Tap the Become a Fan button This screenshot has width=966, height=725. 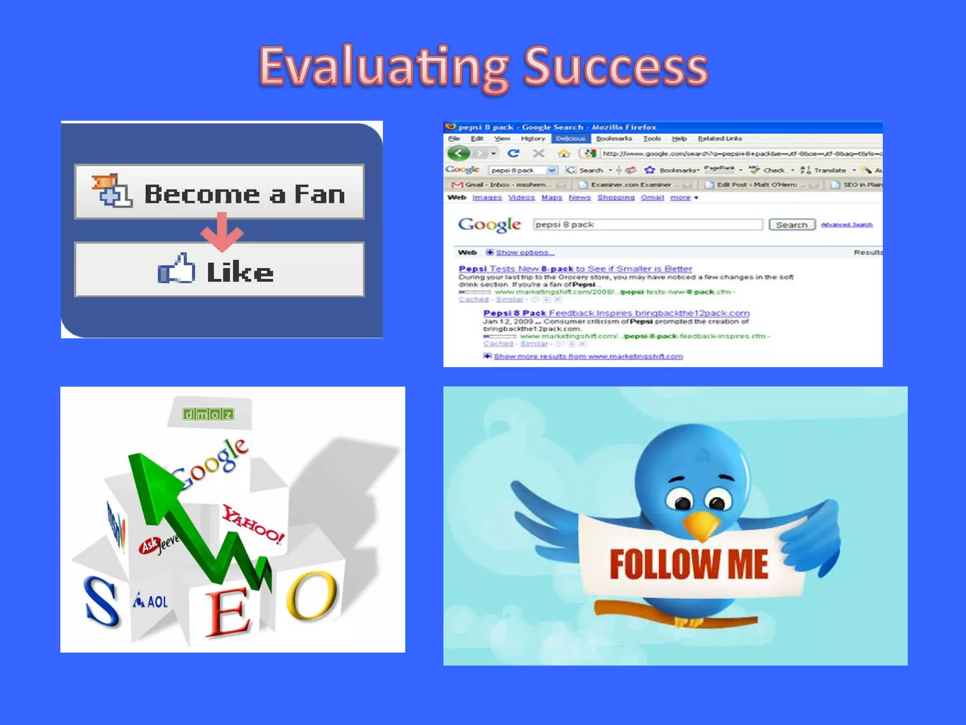(x=219, y=192)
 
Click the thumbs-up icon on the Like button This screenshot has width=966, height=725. (x=176, y=269)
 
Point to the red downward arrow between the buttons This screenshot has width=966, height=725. (x=222, y=231)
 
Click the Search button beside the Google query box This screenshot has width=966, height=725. (x=791, y=225)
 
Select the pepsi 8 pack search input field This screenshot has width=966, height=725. (x=647, y=225)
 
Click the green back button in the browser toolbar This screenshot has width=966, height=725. (x=458, y=153)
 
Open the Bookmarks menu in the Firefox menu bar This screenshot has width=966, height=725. (x=613, y=139)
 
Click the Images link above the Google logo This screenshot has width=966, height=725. (x=487, y=197)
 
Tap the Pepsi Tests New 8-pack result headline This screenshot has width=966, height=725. (x=575, y=269)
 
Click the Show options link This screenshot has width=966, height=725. (x=525, y=253)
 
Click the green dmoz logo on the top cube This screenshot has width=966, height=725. (x=208, y=414)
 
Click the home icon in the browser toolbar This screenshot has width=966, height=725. (x=563, y=154)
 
